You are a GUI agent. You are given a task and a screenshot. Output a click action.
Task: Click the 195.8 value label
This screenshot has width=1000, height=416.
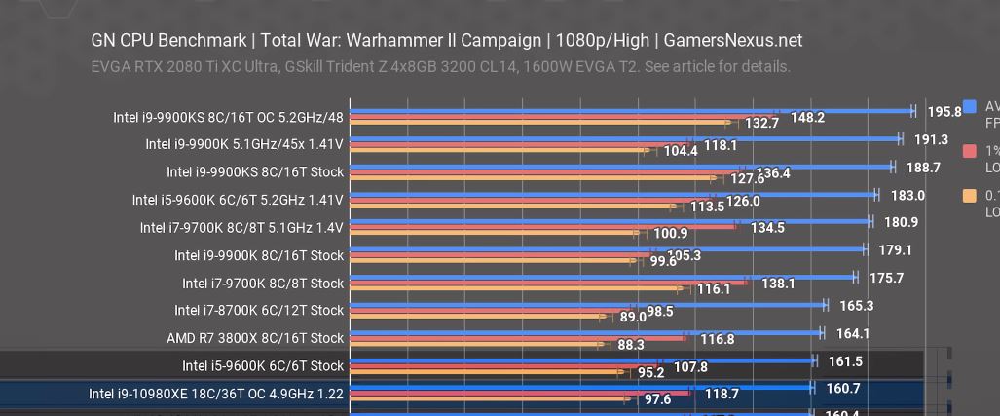944,112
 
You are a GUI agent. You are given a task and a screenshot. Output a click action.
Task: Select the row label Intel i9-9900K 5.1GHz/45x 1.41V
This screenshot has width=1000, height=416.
244,144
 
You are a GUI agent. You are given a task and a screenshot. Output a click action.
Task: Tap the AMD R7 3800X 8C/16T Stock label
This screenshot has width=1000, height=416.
255,338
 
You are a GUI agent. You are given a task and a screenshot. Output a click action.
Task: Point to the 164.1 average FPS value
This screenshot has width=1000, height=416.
852,333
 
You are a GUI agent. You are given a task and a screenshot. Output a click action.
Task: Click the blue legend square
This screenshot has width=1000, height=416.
970,107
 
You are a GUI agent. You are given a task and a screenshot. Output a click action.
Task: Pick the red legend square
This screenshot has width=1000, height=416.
970,151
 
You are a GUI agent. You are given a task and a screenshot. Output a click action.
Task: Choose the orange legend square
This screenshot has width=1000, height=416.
970,196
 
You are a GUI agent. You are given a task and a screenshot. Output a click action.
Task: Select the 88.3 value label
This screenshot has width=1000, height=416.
631,345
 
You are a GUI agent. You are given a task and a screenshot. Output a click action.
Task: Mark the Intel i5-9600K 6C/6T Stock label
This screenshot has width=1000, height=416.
263,366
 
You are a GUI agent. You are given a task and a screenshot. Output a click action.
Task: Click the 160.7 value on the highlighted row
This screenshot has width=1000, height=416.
842,389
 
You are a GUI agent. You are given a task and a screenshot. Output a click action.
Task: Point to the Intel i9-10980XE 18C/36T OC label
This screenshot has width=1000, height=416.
216,394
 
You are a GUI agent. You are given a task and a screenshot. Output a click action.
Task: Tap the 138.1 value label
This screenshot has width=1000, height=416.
778,284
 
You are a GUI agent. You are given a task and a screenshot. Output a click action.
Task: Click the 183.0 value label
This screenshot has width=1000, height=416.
907,195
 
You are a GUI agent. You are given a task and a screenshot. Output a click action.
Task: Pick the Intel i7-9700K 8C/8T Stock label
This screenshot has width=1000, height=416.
263,284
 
